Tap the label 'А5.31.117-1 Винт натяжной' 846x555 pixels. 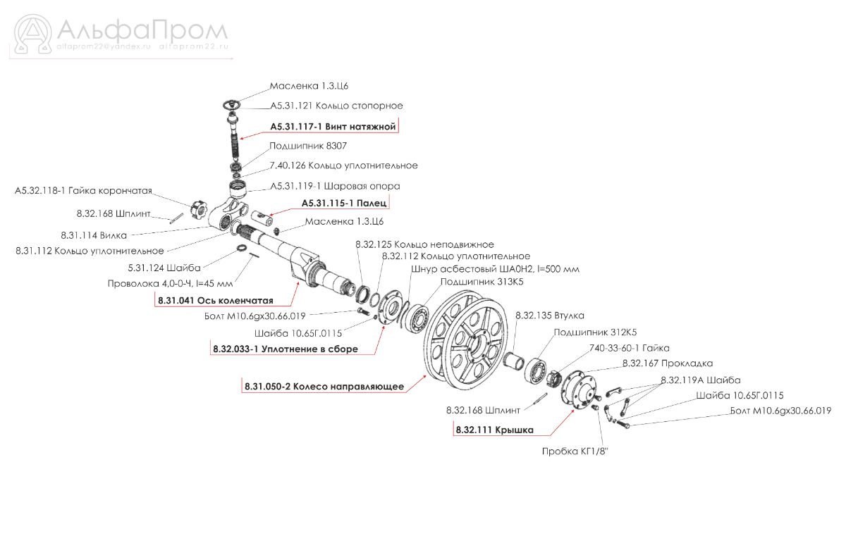pos(333,126)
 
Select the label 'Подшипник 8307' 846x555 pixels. pos(307,146)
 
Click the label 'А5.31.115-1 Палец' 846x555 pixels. pos(344,203)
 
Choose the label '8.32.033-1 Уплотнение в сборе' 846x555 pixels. pos(285,349)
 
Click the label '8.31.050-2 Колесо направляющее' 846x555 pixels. pos(324,386)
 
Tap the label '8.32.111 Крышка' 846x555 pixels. pos(494,430)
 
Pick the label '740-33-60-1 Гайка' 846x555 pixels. pos(628,348)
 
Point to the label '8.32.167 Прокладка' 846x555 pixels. pos(667,363)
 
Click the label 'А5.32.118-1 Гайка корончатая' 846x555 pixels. pos(83,192)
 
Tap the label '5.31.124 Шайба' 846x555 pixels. pos(165,268)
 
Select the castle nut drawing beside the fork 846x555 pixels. pos(195,208)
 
